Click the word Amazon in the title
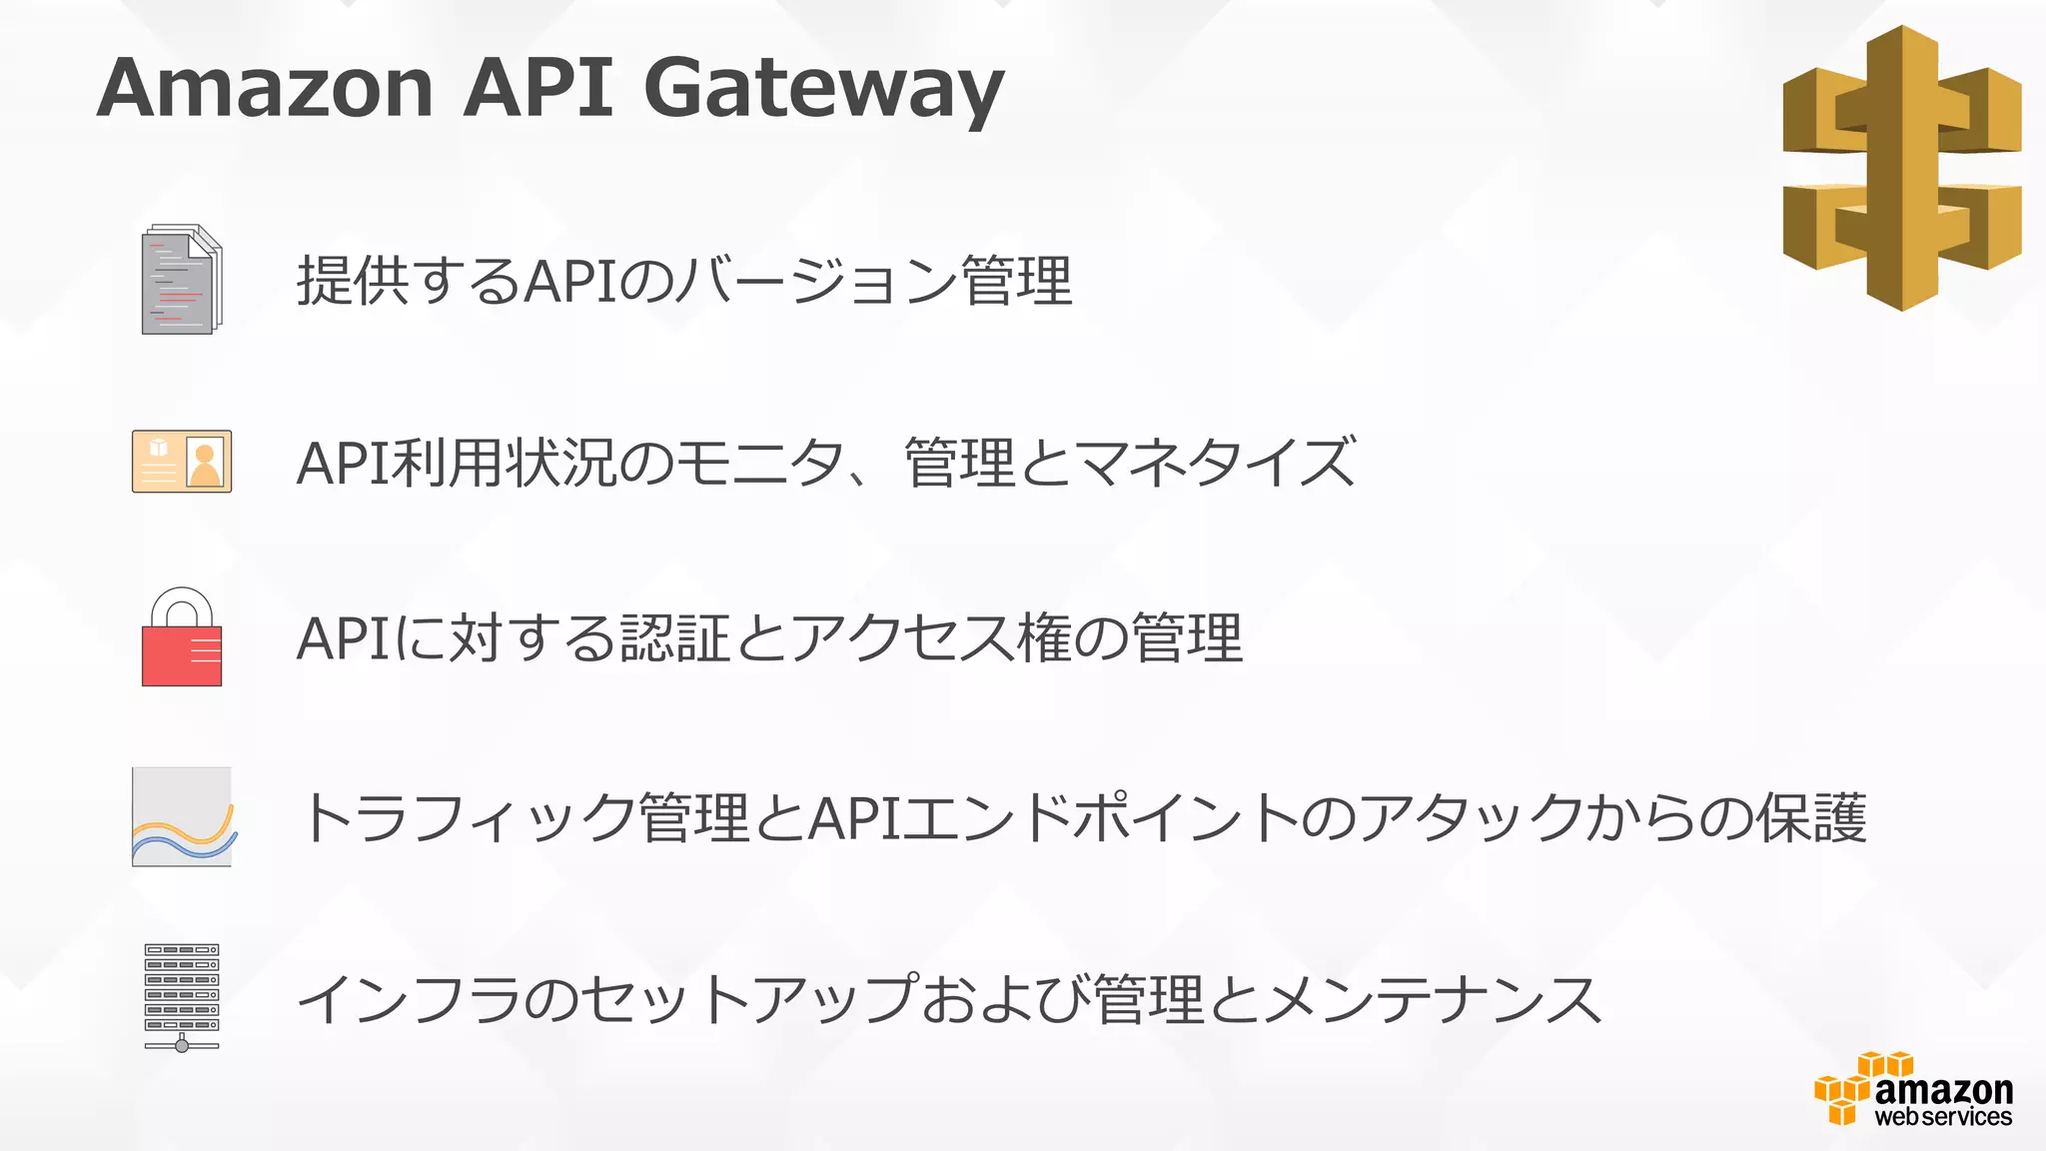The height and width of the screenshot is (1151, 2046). coord(266,88)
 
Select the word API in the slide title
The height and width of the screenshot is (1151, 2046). coord(538,88)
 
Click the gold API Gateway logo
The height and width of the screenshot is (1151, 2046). coord(1901,168)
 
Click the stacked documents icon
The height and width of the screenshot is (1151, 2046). coord(182,280)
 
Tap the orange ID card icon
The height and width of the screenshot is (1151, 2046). coord(182,462)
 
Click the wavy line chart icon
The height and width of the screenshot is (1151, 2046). coord(182,817)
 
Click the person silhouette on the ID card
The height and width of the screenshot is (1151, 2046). coord(205,465)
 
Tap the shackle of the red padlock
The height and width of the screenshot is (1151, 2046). coord(182,605)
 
